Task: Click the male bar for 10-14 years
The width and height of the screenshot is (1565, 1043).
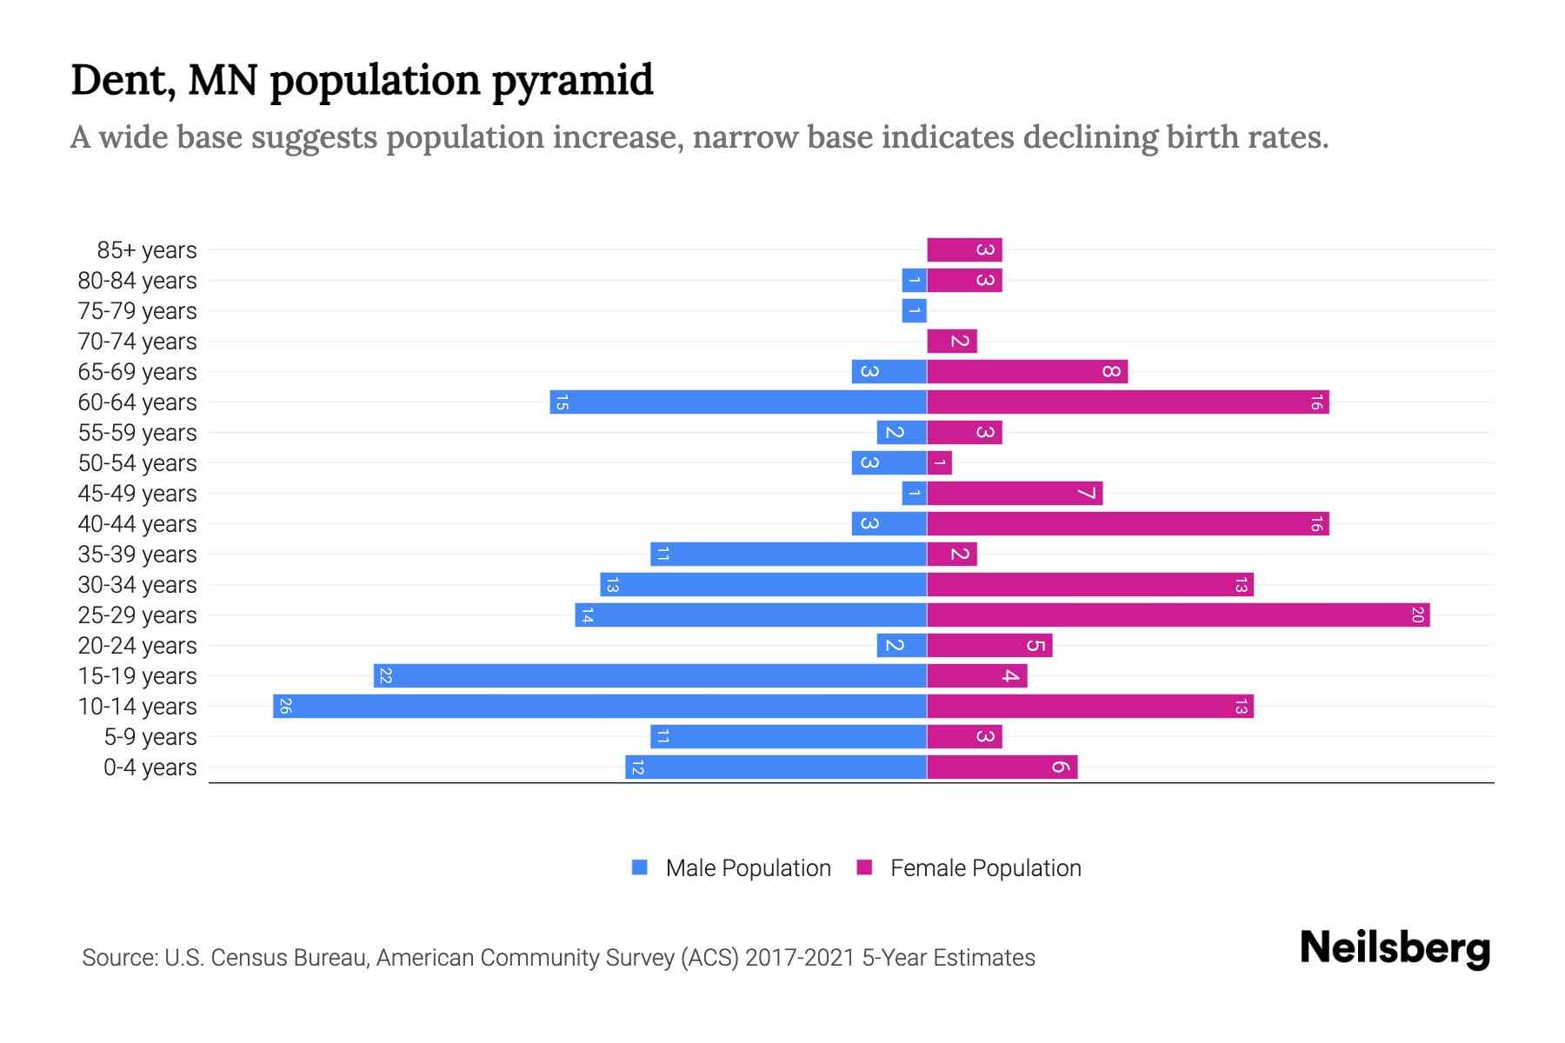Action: coord(600,706)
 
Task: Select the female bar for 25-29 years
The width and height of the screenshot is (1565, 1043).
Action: coord(1178,615)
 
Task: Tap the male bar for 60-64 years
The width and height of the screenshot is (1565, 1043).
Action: coord(738,402)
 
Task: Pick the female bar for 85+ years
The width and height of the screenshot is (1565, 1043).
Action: coord(964,250)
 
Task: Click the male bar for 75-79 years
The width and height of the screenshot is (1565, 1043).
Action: coord(914,311)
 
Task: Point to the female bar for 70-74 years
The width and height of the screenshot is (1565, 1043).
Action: coord(952,342)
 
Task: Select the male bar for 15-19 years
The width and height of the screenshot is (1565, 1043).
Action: coord(650,676)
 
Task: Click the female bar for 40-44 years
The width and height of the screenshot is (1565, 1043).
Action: coord(1128,524)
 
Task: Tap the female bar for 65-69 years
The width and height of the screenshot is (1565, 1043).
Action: coord(1027,372)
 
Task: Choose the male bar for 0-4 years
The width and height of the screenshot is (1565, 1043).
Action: coord(776,767)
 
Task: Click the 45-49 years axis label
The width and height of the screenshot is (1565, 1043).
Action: coord(137,494)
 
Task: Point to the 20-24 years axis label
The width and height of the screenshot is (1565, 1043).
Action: coord(137,646)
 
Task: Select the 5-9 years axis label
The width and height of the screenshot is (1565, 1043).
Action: coord(150,737)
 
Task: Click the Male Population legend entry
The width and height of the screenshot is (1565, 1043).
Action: coord(747,868)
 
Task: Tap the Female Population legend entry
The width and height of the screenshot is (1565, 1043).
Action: coord(985,868)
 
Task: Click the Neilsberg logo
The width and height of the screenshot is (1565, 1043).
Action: coord(1395,948)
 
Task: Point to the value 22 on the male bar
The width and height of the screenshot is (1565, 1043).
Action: coord(386,676)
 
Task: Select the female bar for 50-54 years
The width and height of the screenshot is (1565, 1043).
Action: coord(939,463)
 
